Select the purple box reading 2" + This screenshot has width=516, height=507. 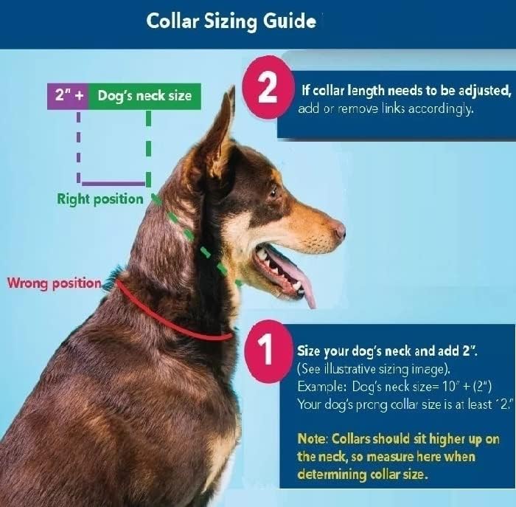coord(68,95)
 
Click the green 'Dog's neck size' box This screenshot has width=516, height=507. coord(144,95)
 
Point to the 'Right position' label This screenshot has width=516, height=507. coord(100,199)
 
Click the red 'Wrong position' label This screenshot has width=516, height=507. coord(54,283)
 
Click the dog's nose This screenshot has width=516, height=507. coord(339,230)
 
